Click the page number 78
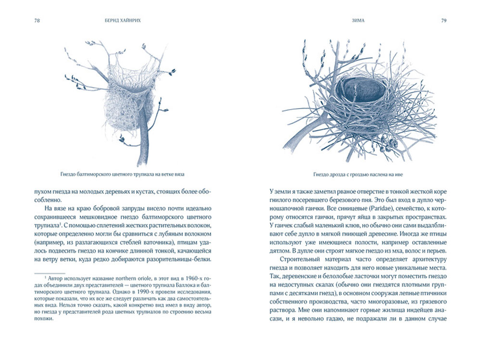[x=38, y=21]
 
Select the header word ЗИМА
[x=358, y=21]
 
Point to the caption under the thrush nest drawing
[x=359, y=174]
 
